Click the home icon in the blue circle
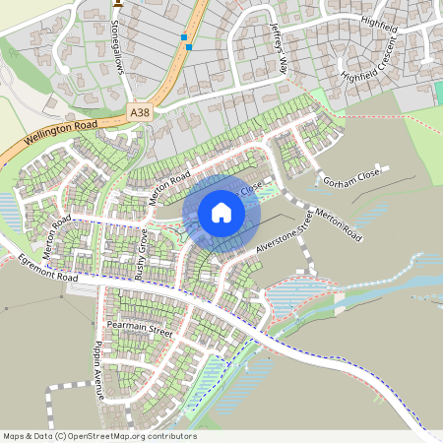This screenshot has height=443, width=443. tap(221, 213)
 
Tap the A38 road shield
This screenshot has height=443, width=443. tap(142, 115)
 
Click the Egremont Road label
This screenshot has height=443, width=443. tap(50, 267)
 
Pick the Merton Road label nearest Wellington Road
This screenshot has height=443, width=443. tap(168, 183)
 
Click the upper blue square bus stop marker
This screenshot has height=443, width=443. tap(183, 37)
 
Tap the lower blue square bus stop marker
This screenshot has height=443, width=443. tap(189, 46)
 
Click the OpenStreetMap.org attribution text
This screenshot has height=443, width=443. tap(133, 436)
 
